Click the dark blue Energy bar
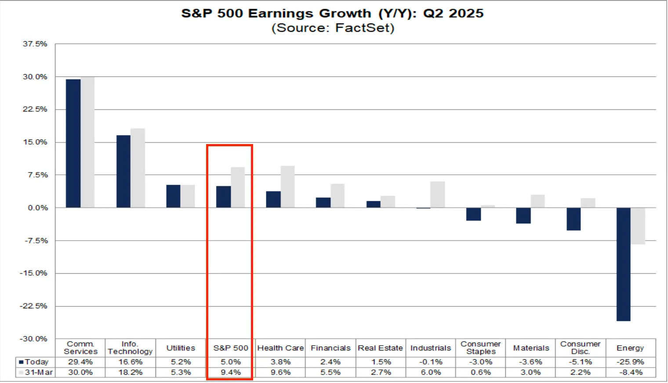[x=624, y=264]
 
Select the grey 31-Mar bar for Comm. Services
[x=88, y=142]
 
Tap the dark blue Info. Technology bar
[x=123, y=171]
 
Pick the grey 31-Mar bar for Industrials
[x=437, y=195]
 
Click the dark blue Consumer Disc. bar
[x=574, y=219]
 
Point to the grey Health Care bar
[x=288, y=187]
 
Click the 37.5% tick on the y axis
[x=35, y=44]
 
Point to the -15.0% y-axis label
[x=33, y=273]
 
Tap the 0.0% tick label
[x=38, y=208]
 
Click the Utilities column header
[x=181, y=348]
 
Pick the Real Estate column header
[x=380, y=348]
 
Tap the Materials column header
[x=531, y=348]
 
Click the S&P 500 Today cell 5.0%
[x=231, y=362]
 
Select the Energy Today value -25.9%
[x=630, y=362]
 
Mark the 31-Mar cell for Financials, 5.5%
[x=330, y=372]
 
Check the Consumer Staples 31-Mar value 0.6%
[x=480, y=372]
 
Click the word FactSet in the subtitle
[x=363, y=28]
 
